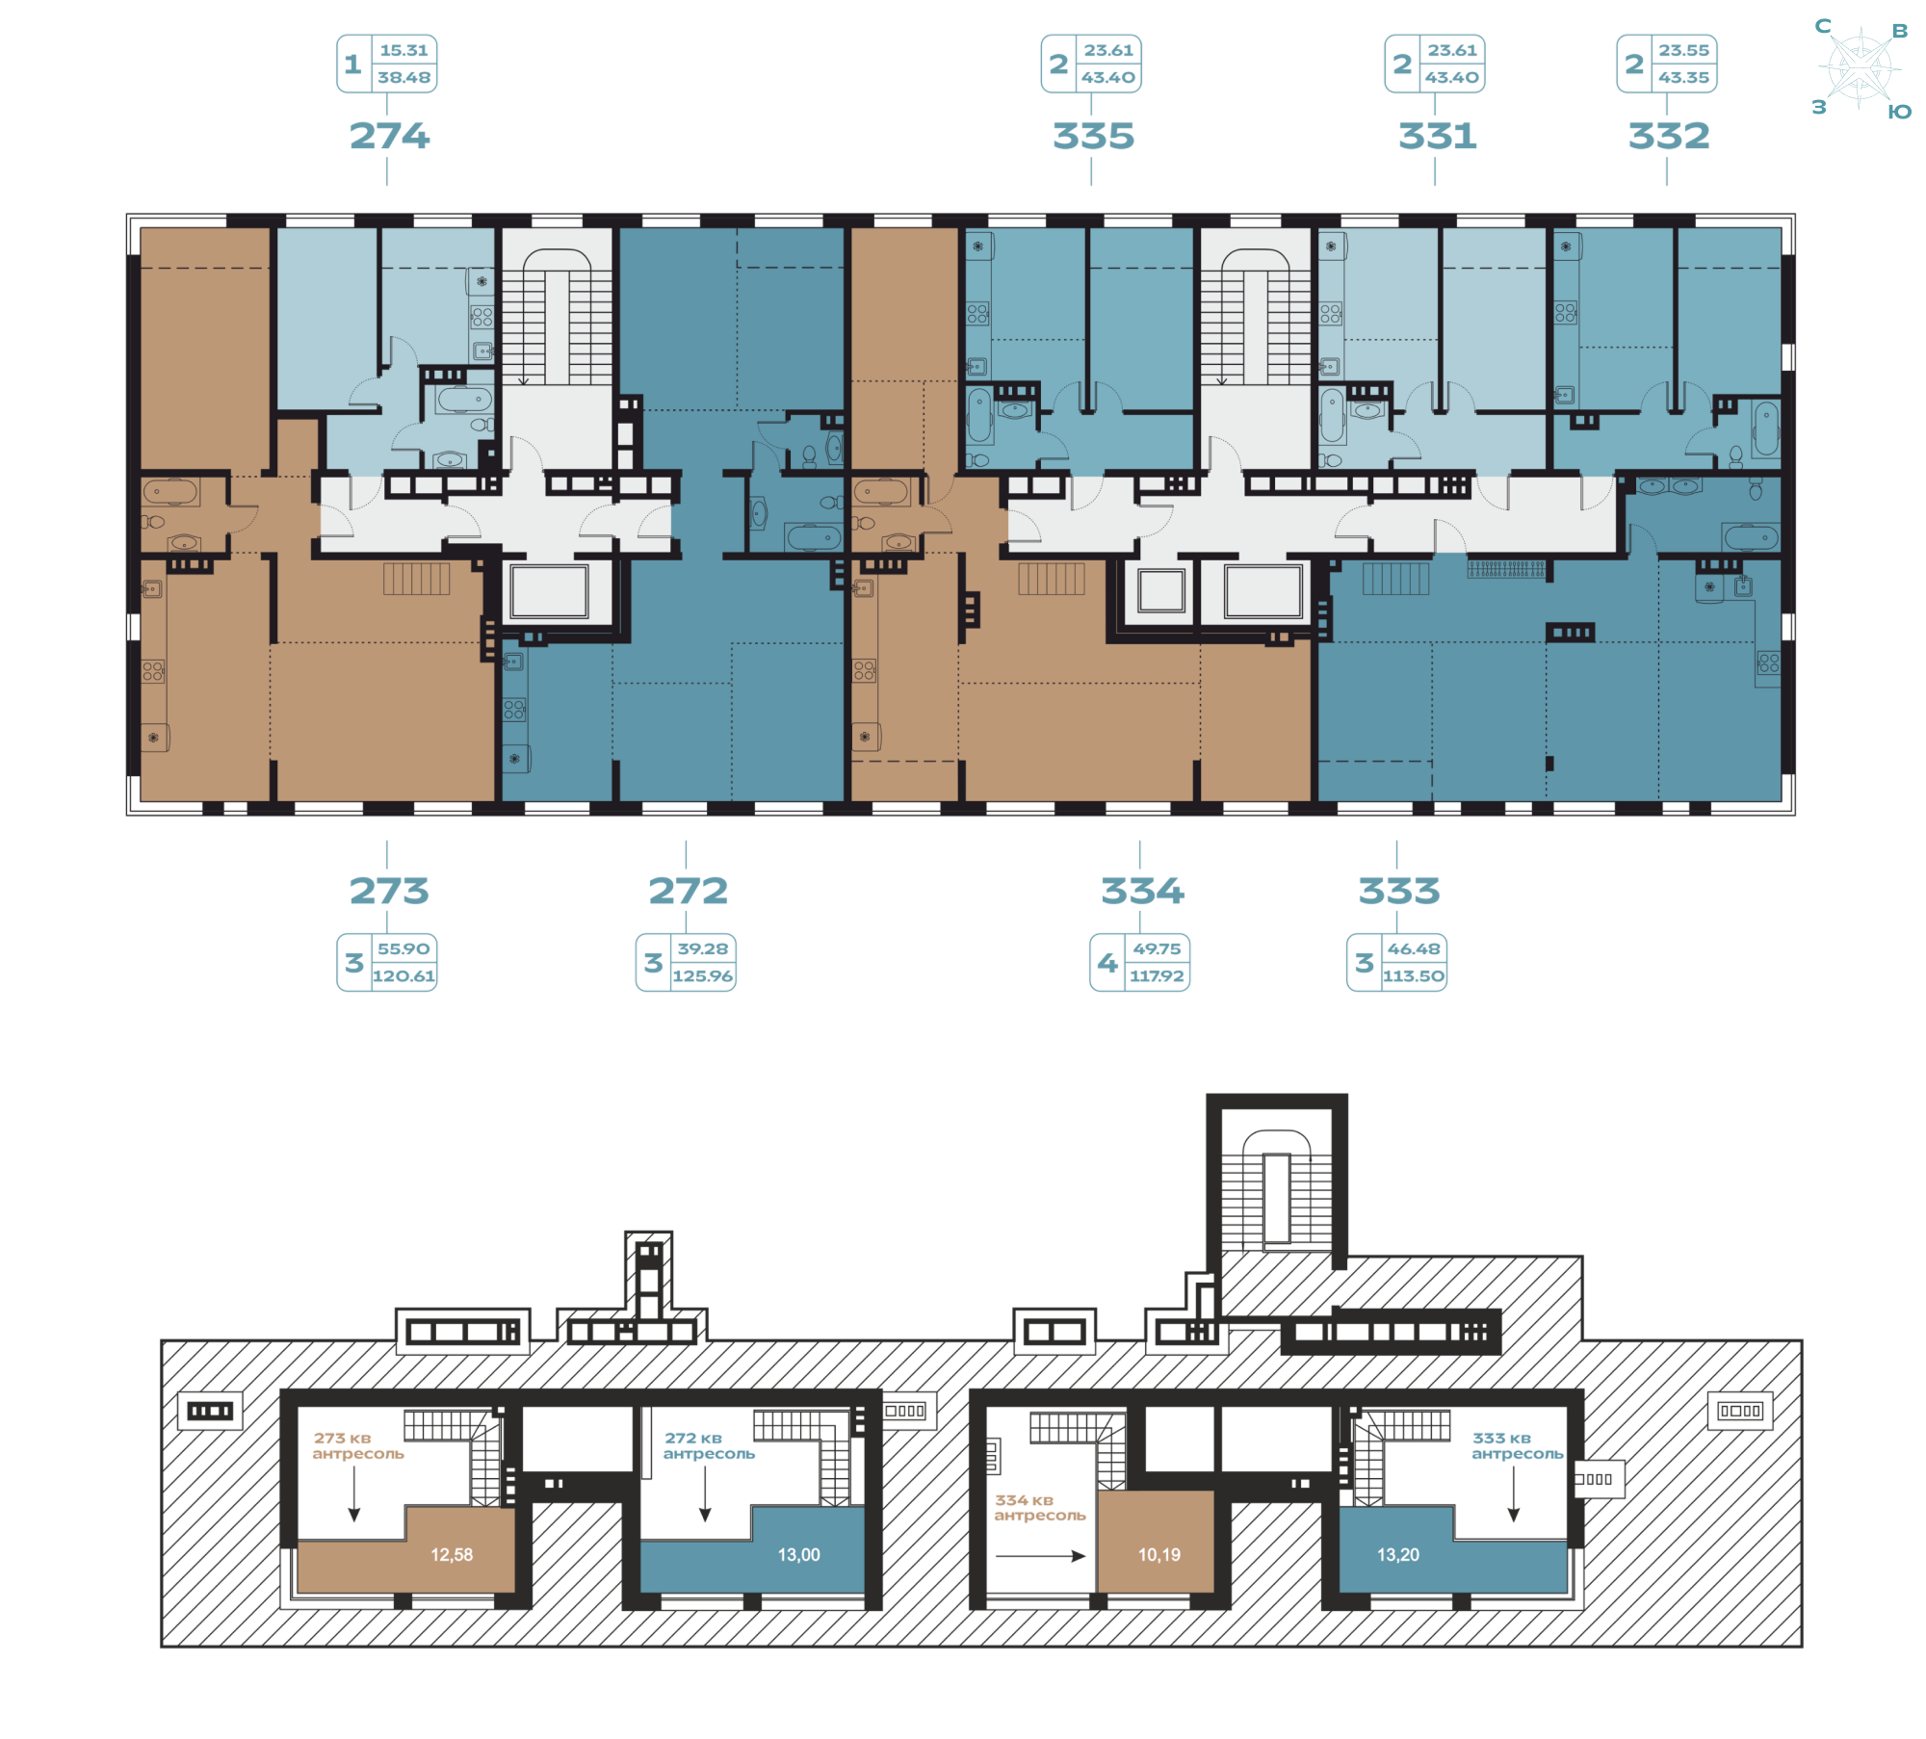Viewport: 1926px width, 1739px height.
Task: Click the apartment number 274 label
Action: pos(389,136)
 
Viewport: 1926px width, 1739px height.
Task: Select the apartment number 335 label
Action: pos(1093,136)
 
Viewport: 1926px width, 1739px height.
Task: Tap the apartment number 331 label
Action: pos(1437,136)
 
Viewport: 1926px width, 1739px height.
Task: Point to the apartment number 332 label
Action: pos(1669,136)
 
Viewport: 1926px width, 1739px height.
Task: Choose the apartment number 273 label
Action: pos(389,891)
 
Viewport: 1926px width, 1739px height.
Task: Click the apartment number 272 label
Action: pos(688,891)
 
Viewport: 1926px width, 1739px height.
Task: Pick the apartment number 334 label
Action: pos(1142,891)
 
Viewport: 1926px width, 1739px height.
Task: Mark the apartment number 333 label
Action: pos(1398,891)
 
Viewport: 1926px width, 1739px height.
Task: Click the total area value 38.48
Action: pos(403,77)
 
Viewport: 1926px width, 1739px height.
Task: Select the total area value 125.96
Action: pos(703,976)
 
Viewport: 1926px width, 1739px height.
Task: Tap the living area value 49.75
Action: pos(1157,948)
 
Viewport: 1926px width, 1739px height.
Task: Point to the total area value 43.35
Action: pos(1683,77)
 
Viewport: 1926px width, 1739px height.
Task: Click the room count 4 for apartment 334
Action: pos(1107,962)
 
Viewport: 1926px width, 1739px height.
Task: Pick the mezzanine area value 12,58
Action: pos(452,1554)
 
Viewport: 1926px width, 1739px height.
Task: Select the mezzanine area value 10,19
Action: pos(1159,1554)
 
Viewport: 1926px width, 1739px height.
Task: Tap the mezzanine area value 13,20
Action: pos(1398,1554)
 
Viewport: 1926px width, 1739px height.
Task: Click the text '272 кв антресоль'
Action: pos(709,1445)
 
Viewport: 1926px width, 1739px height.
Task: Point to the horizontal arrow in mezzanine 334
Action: pos(1040,1555)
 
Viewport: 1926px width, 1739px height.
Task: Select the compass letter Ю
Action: pos(1899,112)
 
